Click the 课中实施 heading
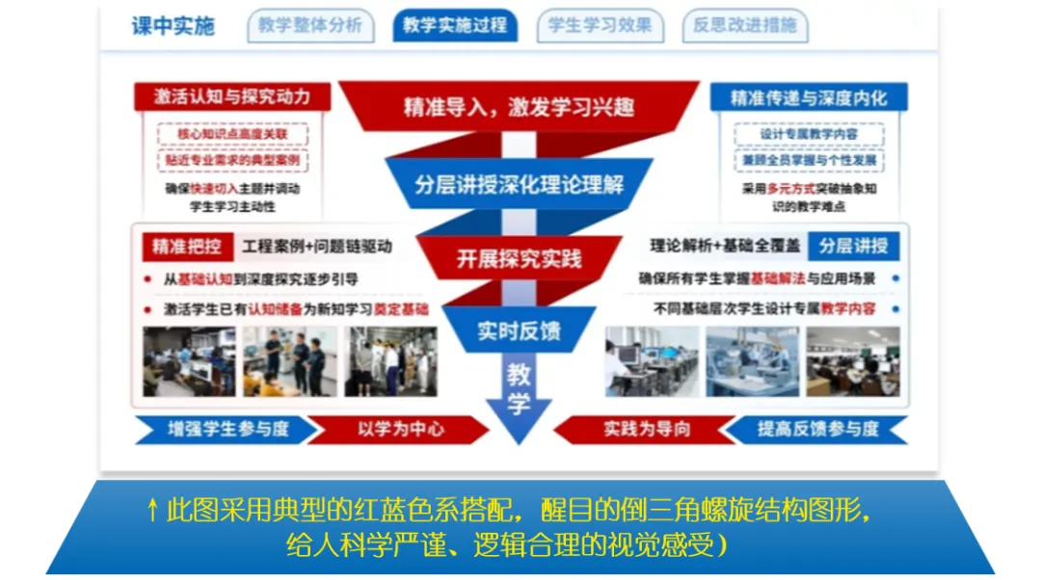[x=173, y=26]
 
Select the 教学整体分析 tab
[x=309, y=26]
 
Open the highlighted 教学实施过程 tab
[x=455, y=26]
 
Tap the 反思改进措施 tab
[x=745, y=26]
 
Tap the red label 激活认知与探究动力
[x=232, y=97]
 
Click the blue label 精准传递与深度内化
[x=808, y=97]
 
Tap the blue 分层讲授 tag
[x=853, y=246]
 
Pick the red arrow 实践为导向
[x=647, y=429]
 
